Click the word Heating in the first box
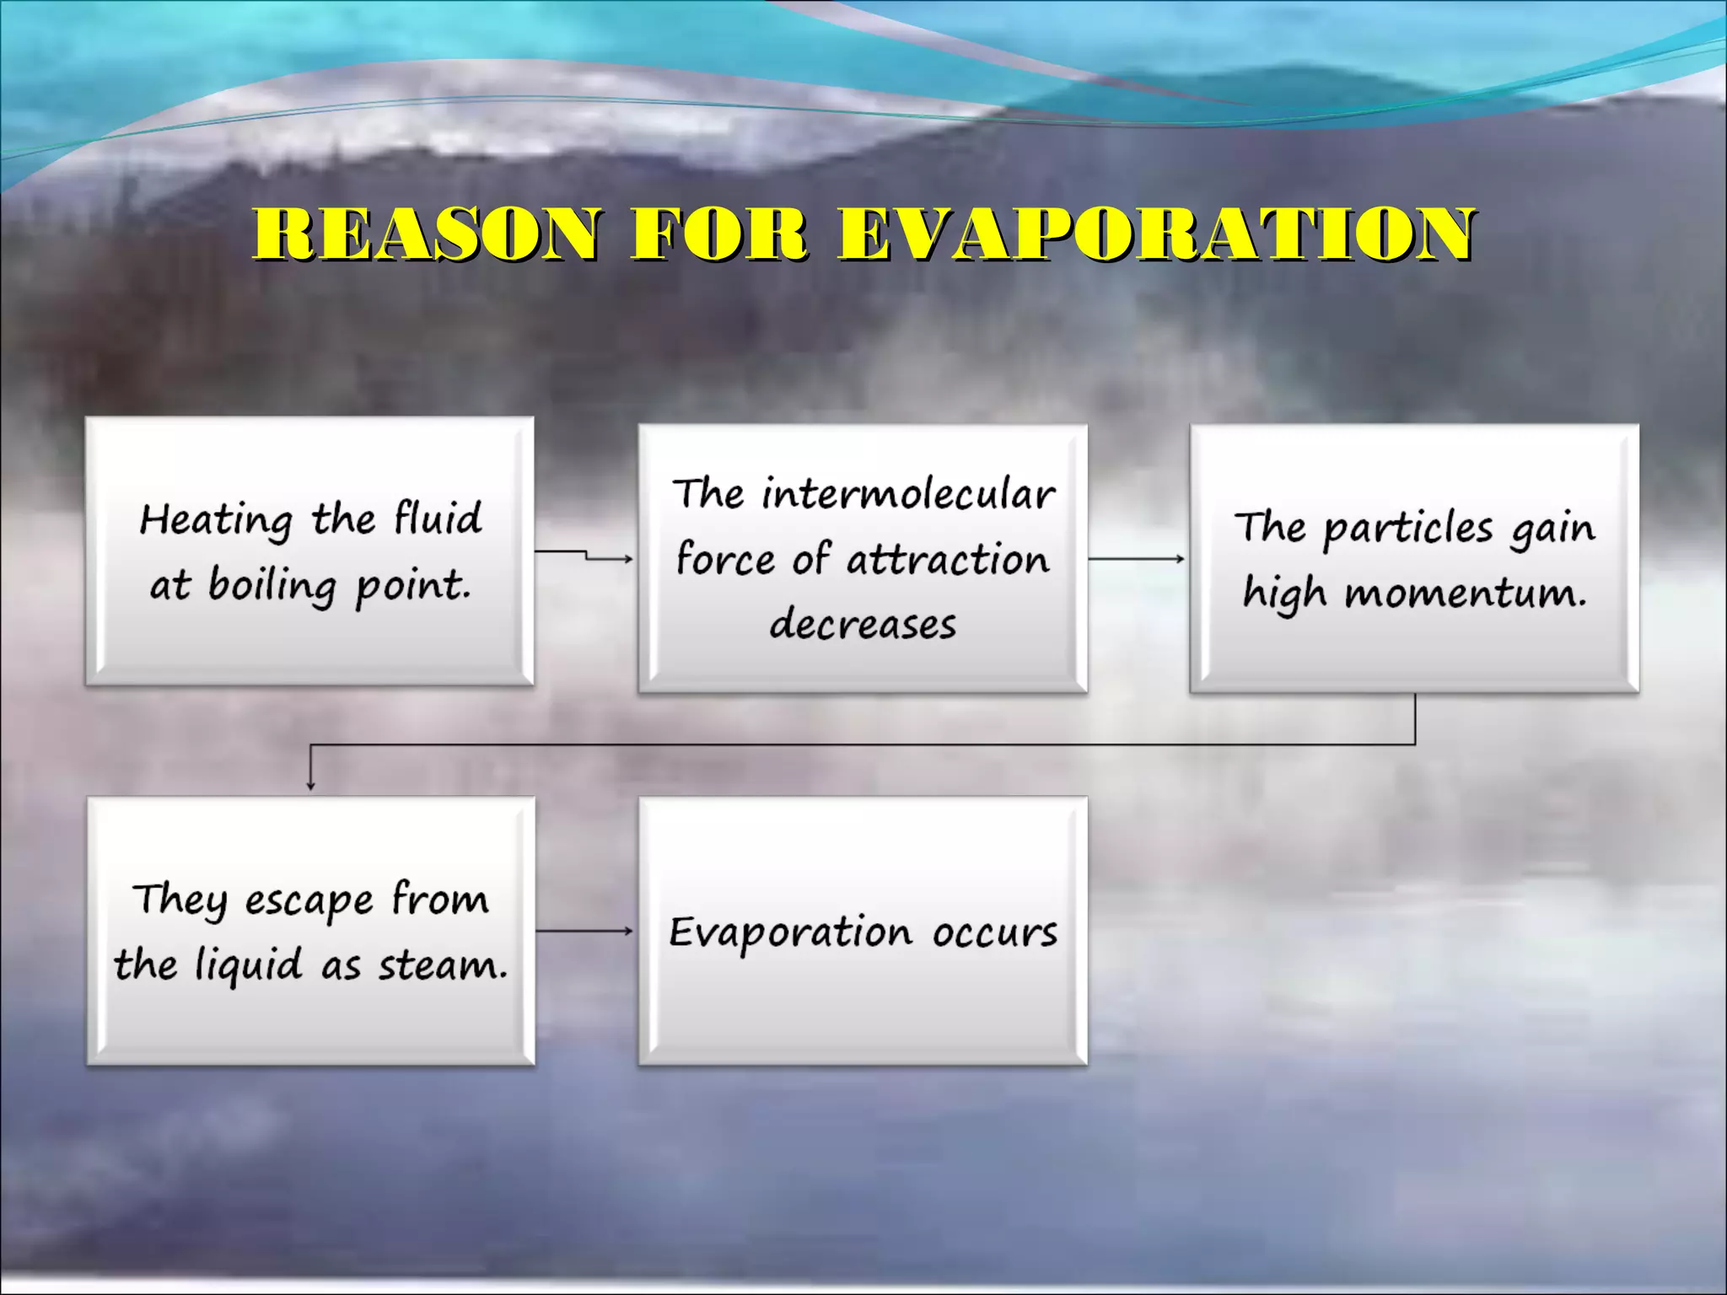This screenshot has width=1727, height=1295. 216,520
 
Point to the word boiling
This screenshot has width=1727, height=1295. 272,585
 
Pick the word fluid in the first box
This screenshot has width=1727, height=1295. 438,517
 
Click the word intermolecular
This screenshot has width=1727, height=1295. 908,493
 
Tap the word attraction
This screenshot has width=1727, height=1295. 948,559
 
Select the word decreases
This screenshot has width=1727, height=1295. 863,625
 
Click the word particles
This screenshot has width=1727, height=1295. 1407,529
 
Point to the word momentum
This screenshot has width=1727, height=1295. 1466,593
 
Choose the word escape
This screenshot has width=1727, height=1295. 309,901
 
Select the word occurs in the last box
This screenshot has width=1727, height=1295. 995,932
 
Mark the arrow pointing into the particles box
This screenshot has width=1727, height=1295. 1137,558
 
